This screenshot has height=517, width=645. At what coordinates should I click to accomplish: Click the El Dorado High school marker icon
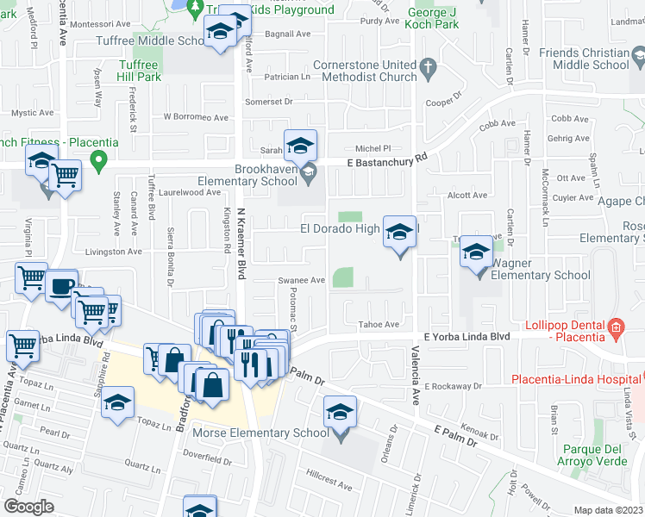pyautogui.click(x=399, y=233)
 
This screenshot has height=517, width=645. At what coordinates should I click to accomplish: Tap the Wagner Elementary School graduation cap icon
pyautogui.click(x=475, y=252)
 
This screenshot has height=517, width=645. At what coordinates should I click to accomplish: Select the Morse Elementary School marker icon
pyautogui.click(x=341, y=414)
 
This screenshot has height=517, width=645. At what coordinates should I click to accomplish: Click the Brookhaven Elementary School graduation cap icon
pyautogui.click(x=300, y=146)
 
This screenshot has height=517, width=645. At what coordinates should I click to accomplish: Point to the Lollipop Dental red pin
pyautogui.click(x=615, y=327)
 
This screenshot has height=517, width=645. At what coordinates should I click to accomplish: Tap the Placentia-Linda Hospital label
pyautogui.click(x=577, y=379)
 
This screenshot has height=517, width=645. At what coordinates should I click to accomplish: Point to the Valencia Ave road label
pyautogui.click(x=415, y=383)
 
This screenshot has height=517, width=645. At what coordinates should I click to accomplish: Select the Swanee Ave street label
pyautogui.click(x=300, y=280)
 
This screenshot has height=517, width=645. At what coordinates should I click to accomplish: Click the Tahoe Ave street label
pyautogui.click(x=379, y=324)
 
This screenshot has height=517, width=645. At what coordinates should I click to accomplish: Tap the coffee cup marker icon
pyautogui.click(x=60, y=286)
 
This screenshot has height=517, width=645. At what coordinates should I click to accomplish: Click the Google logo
pyautogui.click(x=28, y=507)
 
